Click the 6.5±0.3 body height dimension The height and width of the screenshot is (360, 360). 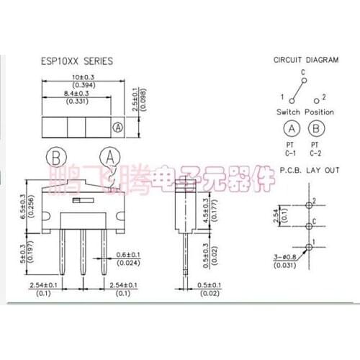(x=22, y=207)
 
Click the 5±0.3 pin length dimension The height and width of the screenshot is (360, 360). (x=22, y=252)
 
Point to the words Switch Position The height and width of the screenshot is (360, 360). (x=305, y=112)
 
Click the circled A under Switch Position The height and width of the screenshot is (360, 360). (x=291, y=130)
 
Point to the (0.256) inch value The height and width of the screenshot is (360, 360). (x=30, y=207)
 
